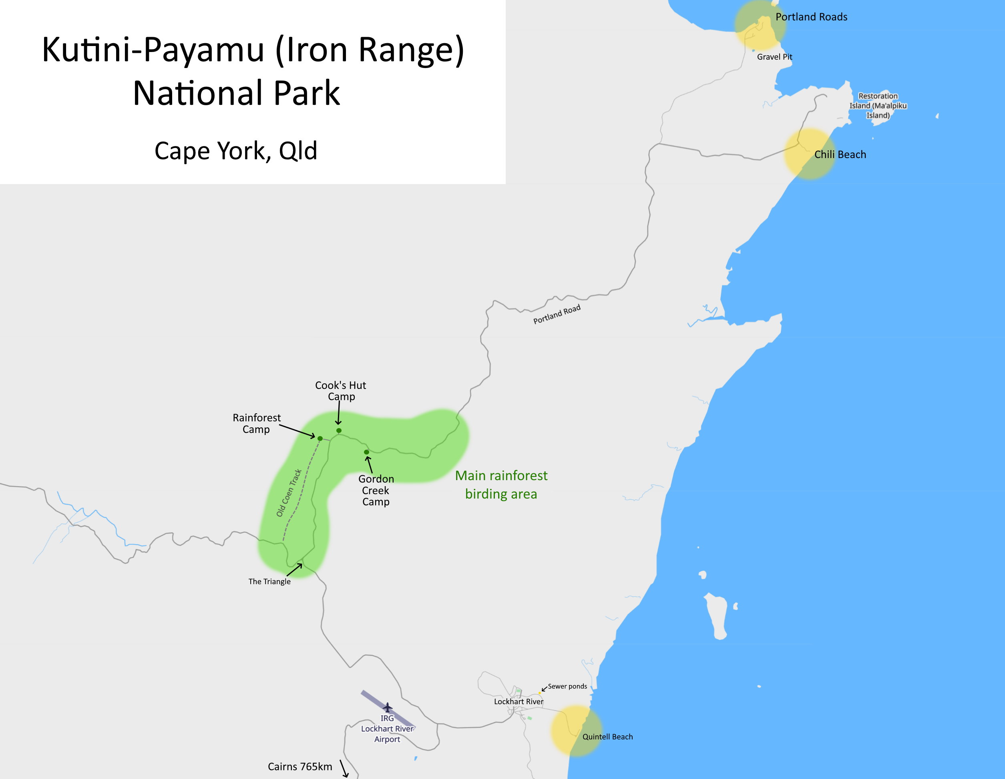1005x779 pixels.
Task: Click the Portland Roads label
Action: pyautogui.click(x=811, y=17)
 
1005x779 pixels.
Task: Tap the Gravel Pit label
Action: pyautogui.click(x=774, y=57)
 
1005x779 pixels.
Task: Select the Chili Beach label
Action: pyautogui.click(x=840, y=154)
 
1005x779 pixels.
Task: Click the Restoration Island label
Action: pyautogui.click(x=878, y=106)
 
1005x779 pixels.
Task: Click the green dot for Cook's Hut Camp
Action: pyautogui.click(x=339, y=431)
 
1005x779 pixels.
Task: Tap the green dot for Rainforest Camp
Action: pyautogui.click(x=320, y=438)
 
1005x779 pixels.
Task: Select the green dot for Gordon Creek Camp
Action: pyautogui.click(x=366, y=452)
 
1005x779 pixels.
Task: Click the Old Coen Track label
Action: pyautogui.click(x=289, y=493)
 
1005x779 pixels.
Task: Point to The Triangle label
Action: pyautogui.click(x=269, y=581)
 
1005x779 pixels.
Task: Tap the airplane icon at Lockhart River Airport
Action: pyautogui.click(x=388, y=707)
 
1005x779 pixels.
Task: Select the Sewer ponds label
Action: pyautogui.click(x=567, y=686)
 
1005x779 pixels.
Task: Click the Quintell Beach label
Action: pyautogui.click(x=607, y=737)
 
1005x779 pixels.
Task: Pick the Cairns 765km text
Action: pyautogui.click(x=299, y=767)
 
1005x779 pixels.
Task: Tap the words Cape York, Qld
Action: pyautogui.click(x=235, y=150)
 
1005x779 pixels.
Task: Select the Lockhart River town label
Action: pyautogui.click(x=518, y=701)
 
